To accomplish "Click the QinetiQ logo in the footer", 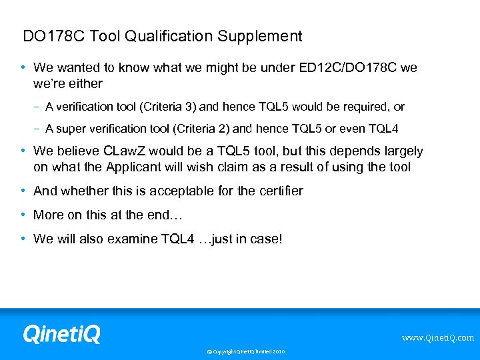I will (61, 333).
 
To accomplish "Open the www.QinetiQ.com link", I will (437, 338).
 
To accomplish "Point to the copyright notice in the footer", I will (245, 351).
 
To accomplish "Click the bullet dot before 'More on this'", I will (23, 215).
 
